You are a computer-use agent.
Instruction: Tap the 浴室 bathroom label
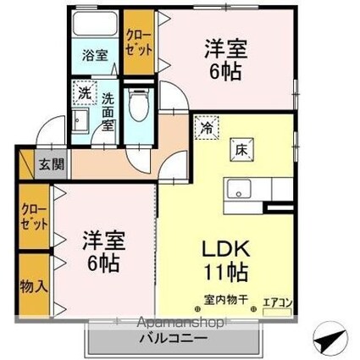pos(95,56)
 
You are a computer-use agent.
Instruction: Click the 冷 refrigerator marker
pos(207,129)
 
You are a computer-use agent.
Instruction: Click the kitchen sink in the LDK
pos(238,187)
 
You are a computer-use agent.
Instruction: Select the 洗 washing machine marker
pos(84,92)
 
